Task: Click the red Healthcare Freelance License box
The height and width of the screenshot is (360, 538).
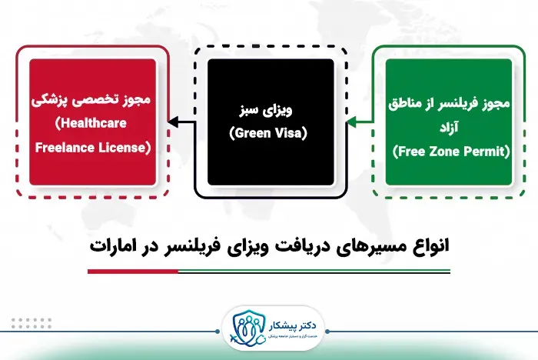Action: click(91, 122)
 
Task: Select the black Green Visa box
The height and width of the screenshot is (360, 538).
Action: click(270, 122)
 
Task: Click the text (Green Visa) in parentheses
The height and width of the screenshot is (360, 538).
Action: click(268, 134)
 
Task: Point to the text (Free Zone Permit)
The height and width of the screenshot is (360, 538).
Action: click(451, 152)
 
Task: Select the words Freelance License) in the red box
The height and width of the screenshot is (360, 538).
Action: click(91, 147)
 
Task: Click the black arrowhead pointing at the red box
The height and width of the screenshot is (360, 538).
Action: click(172, 122)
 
